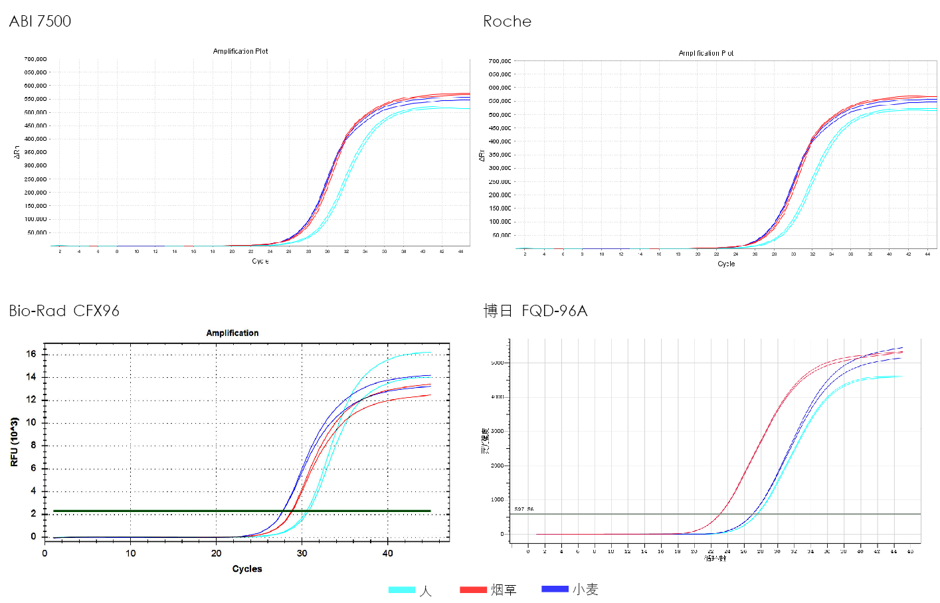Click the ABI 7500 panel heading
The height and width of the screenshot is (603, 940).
pyautogui.click(x=40, y=21)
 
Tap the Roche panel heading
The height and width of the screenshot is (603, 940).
pyautogui.click(x=507, y=21)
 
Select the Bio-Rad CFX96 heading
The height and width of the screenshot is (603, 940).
pyautogui.click(x=64, y=311)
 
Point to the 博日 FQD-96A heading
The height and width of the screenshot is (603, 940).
pyautogui.click(x=535, y=311)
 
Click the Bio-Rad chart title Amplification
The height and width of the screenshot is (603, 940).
pyautogui.click(x=232, y=333)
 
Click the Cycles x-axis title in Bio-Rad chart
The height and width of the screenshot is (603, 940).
pyautogui.click(x=247, y=568)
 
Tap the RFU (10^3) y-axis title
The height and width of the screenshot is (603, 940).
pyautogui.click(x=15, y=442)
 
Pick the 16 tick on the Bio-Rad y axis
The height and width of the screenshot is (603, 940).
pyautogui.click(x=31, y=354)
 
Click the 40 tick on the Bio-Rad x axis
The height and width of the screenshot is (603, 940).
pyautogui.click(x=387, y=553)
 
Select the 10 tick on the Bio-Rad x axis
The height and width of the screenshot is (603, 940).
pyautogui.click(x=130, y=553)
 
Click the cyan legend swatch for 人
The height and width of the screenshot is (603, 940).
pyautogui.click(x=401, y=590)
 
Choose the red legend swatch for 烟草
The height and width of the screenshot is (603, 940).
pyautogui.click(x=473, y=590)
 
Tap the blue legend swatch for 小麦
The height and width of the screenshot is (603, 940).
pyautogui.click(x=555, y=589)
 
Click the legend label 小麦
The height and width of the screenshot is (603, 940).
pyautogui.click(x=585, y=589)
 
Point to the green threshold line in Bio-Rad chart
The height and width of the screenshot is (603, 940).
pyautogui.click(x=166, y=511)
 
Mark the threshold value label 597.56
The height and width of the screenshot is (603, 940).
pyautogui.click(x=524, y=509)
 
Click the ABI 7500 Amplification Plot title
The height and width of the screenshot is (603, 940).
pyautogui.click(x=240, y=51)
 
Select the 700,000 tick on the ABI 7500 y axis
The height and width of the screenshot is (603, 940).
pyautogui.click(x=36, y=59)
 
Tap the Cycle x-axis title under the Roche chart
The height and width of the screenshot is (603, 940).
pyautogui.click(x=726, y=264)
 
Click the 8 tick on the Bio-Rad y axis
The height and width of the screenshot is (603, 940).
pyautogui.click(x=33, y=445)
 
